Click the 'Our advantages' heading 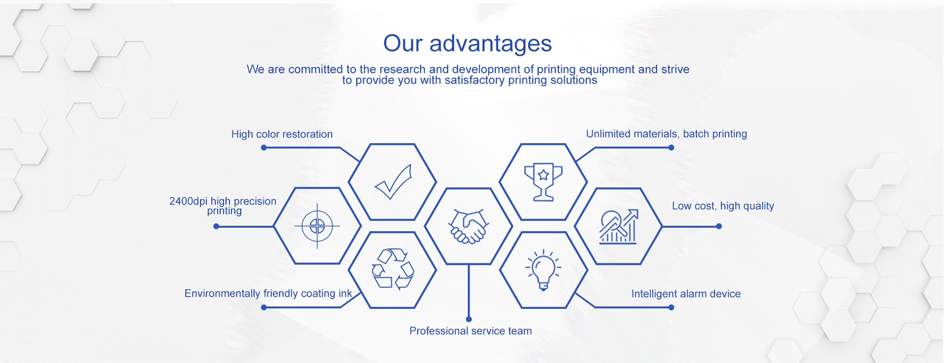point(468,43)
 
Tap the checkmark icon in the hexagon point(393,181)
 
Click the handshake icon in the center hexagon point(469,226)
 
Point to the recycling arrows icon point(393,269)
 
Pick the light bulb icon point(543,270)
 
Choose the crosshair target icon point(317,226)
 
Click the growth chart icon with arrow point(619,226)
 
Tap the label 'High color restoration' point(282,134)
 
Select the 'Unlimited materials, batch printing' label point(666,134)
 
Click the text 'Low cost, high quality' point(723,206)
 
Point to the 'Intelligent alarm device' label point(686,294)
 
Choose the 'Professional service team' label point(471,331)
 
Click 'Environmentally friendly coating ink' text point(268,294)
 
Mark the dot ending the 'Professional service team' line point(469,319)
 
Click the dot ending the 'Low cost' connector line point(719,226)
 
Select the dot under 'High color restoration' point(264,148)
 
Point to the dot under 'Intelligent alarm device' point(671,307)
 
